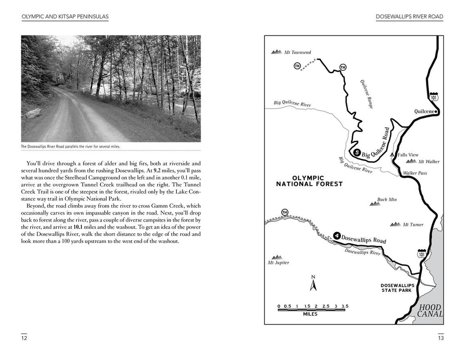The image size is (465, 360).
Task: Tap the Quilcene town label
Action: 425,111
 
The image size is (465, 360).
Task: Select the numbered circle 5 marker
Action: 357,153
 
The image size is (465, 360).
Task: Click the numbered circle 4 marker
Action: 336,235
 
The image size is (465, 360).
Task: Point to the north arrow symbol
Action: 313,284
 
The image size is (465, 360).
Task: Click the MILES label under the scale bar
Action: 310,314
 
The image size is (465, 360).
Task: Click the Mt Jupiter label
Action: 278,262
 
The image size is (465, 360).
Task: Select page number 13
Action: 440,338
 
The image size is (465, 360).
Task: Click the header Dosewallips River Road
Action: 409,17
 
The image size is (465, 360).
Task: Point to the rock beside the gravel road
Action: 34,113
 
